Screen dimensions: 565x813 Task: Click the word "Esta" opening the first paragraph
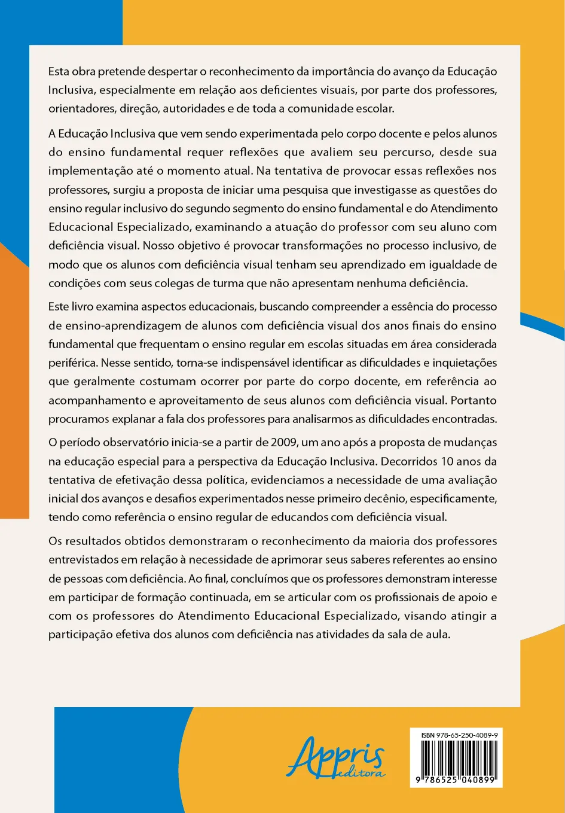click(x=59, y=72)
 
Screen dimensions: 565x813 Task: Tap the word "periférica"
click(x=73, y=363)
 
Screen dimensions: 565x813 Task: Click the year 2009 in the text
click(x=283, y=443)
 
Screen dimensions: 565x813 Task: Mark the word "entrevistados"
click(x=85, y=560)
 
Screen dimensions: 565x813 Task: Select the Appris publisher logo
click(x=337, y=757)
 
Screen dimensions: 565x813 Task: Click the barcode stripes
click(x=456, y=758)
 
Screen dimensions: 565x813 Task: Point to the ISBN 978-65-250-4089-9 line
click(x=459, y=735)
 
